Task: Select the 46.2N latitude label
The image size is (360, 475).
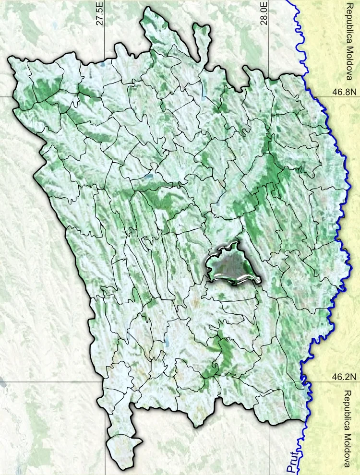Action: click(345, 377)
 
